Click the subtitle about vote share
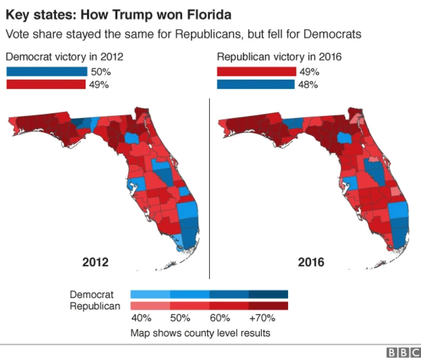[x=184, y=34]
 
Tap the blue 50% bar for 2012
[x=47, y=71]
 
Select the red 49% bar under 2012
[x=46, y=84]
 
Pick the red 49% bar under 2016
[x=257, y=71]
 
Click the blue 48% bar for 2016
[x=256, y=84]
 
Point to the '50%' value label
[x=100, y=71]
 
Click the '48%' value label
[x=309, y=84]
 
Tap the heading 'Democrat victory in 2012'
[x=64, y=57]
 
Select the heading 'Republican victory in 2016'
[x=278, y=57]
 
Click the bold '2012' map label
[x=95, y=262]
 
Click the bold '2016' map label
[x=311, y=262]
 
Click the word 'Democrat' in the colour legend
[x=92, y=294]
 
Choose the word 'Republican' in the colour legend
[x=95, y=306]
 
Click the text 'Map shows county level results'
[x=200, y=333]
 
